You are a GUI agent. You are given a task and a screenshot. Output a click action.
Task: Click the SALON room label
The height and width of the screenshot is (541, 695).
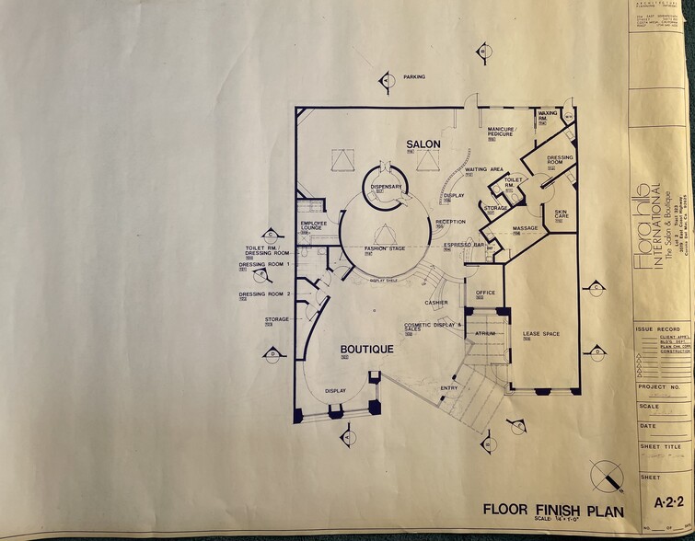click(423, 144)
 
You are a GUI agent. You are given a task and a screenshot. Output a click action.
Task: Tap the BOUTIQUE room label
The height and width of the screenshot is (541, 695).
click(367, 349)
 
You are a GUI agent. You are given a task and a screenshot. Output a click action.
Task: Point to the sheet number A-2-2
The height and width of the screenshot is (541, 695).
click(666, 502)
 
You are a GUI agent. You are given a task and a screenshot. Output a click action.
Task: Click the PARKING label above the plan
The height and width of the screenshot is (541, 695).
click(414, 77)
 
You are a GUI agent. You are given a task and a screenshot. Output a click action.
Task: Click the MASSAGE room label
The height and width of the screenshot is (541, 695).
click(525, 228)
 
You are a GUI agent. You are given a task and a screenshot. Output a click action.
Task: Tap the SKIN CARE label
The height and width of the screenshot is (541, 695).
click(561, 214)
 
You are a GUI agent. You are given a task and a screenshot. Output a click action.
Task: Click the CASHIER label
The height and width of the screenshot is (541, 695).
click(436, 303)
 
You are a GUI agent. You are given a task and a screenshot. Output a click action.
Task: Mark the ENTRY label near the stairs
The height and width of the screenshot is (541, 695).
click(448, 387)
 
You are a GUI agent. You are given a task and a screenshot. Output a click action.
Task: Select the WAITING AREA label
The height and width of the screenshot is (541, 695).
click(483, 170)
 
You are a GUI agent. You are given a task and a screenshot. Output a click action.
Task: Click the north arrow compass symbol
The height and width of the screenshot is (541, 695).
click(604, 476)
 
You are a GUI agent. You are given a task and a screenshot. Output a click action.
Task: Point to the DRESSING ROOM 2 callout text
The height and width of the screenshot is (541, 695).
click(265, 294)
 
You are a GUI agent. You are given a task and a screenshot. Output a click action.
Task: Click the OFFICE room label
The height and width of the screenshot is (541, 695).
click(485, 293)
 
